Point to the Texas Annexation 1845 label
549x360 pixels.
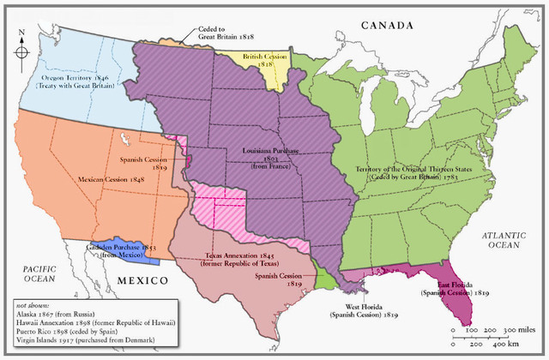coord(241,260)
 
